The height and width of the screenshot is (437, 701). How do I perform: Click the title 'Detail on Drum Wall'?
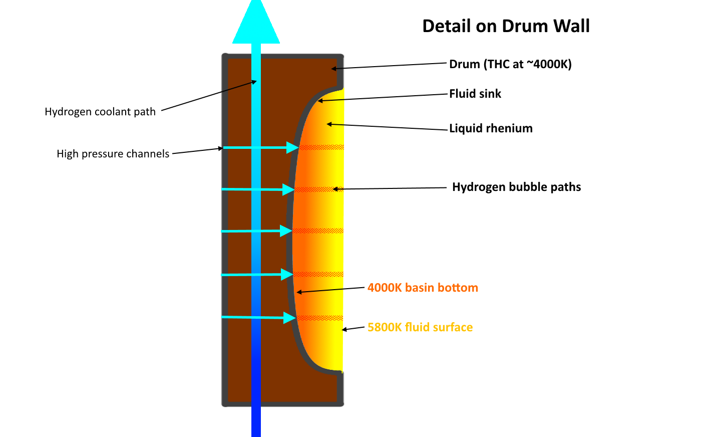point(506,26)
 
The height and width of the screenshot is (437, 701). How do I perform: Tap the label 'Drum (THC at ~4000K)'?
point(510,64)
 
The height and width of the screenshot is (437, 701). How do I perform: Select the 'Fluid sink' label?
point(475,94)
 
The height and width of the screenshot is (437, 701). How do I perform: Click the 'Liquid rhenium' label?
point(491,128)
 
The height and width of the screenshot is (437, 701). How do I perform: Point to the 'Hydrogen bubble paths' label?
point(516,187)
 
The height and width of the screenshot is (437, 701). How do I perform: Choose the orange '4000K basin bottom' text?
point(423,288)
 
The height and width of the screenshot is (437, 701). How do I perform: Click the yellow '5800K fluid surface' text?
point(420,327)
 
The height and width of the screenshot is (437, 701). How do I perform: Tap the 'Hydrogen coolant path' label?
point(100,112)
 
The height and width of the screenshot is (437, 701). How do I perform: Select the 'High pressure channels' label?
point(113,154)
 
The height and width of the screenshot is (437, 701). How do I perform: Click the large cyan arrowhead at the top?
point(256,25)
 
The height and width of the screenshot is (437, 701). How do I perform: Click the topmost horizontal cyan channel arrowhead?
point(292,147)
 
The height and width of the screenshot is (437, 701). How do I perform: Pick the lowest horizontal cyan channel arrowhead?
point(289,318)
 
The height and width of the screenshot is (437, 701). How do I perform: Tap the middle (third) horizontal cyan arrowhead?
point(286,231)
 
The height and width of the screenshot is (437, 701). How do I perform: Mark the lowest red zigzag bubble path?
point(319,318)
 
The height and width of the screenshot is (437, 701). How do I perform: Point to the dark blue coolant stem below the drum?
point(256,421)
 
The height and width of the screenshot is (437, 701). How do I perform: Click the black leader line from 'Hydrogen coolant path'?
point(208,95)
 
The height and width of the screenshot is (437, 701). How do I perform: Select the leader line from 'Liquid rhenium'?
point(388,127)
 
